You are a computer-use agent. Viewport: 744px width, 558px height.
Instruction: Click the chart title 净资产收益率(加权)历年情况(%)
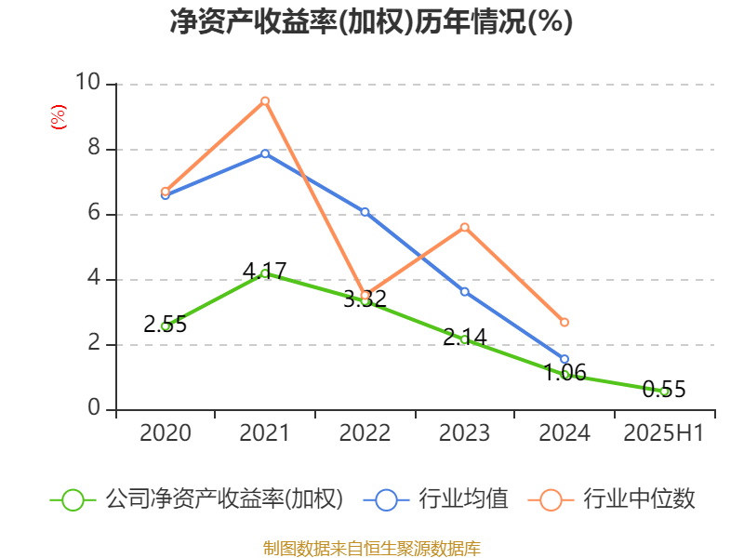[x=371, y=21]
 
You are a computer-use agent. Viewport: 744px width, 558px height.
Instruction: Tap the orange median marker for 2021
[x=265, y=100]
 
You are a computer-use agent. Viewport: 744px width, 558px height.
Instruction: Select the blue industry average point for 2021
[x=265, y=153]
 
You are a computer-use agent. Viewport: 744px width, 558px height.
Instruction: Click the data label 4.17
[x=265, y=271]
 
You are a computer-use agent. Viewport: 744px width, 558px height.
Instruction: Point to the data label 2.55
[x=166, y=325]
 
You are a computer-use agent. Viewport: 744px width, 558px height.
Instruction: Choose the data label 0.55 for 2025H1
[x=664, y=390]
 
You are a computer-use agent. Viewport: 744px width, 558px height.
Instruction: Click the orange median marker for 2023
[x=465, y=227]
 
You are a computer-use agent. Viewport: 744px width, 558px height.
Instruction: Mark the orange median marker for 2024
[x=565, y=322]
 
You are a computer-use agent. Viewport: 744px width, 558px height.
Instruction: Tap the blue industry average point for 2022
[x=365, y=212]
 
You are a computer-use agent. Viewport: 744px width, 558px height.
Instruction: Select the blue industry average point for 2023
[x=465, y=291]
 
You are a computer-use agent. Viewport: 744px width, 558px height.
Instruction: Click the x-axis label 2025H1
[x=664, y=433]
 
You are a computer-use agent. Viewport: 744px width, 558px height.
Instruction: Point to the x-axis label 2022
[x=365, y=433]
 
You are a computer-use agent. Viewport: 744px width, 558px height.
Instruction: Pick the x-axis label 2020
[x=166, y=433]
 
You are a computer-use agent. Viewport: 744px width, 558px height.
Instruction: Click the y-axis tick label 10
[x=88, y=84]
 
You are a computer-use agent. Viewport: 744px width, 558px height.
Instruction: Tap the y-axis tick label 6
[x=94, y=214]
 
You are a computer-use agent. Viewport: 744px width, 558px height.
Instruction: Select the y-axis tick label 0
[x=94, y=409]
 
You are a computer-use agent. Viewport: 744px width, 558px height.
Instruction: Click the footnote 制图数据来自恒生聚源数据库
[x=371, y=548]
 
